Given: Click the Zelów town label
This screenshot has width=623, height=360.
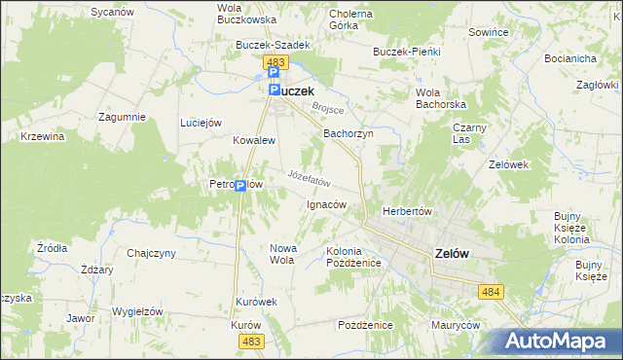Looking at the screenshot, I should pos(450,254).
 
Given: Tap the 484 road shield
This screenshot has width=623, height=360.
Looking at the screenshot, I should pos(490,290).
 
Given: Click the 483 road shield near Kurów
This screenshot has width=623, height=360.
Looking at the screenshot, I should pos(252,341).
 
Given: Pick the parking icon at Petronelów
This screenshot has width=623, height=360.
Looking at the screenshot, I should pos(239,186).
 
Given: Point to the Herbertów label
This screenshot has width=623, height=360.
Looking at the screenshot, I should pos(407,211).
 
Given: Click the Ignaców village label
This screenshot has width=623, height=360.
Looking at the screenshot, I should pos(327,204).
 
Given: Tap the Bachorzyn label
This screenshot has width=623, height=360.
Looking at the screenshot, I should pos(348,133).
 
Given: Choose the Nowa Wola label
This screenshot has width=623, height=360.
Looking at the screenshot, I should pos(281,254).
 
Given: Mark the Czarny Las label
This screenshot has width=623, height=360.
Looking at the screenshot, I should pos(469,133).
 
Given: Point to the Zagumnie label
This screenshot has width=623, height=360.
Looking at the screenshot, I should pos(122,117).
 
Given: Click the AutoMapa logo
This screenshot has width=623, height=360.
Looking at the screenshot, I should pos(561,341).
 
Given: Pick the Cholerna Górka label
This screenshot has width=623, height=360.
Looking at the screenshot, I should pos(351,20).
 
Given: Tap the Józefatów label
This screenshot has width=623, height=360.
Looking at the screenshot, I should pos(311,178).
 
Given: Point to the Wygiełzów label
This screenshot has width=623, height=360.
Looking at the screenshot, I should pos(136,311).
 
